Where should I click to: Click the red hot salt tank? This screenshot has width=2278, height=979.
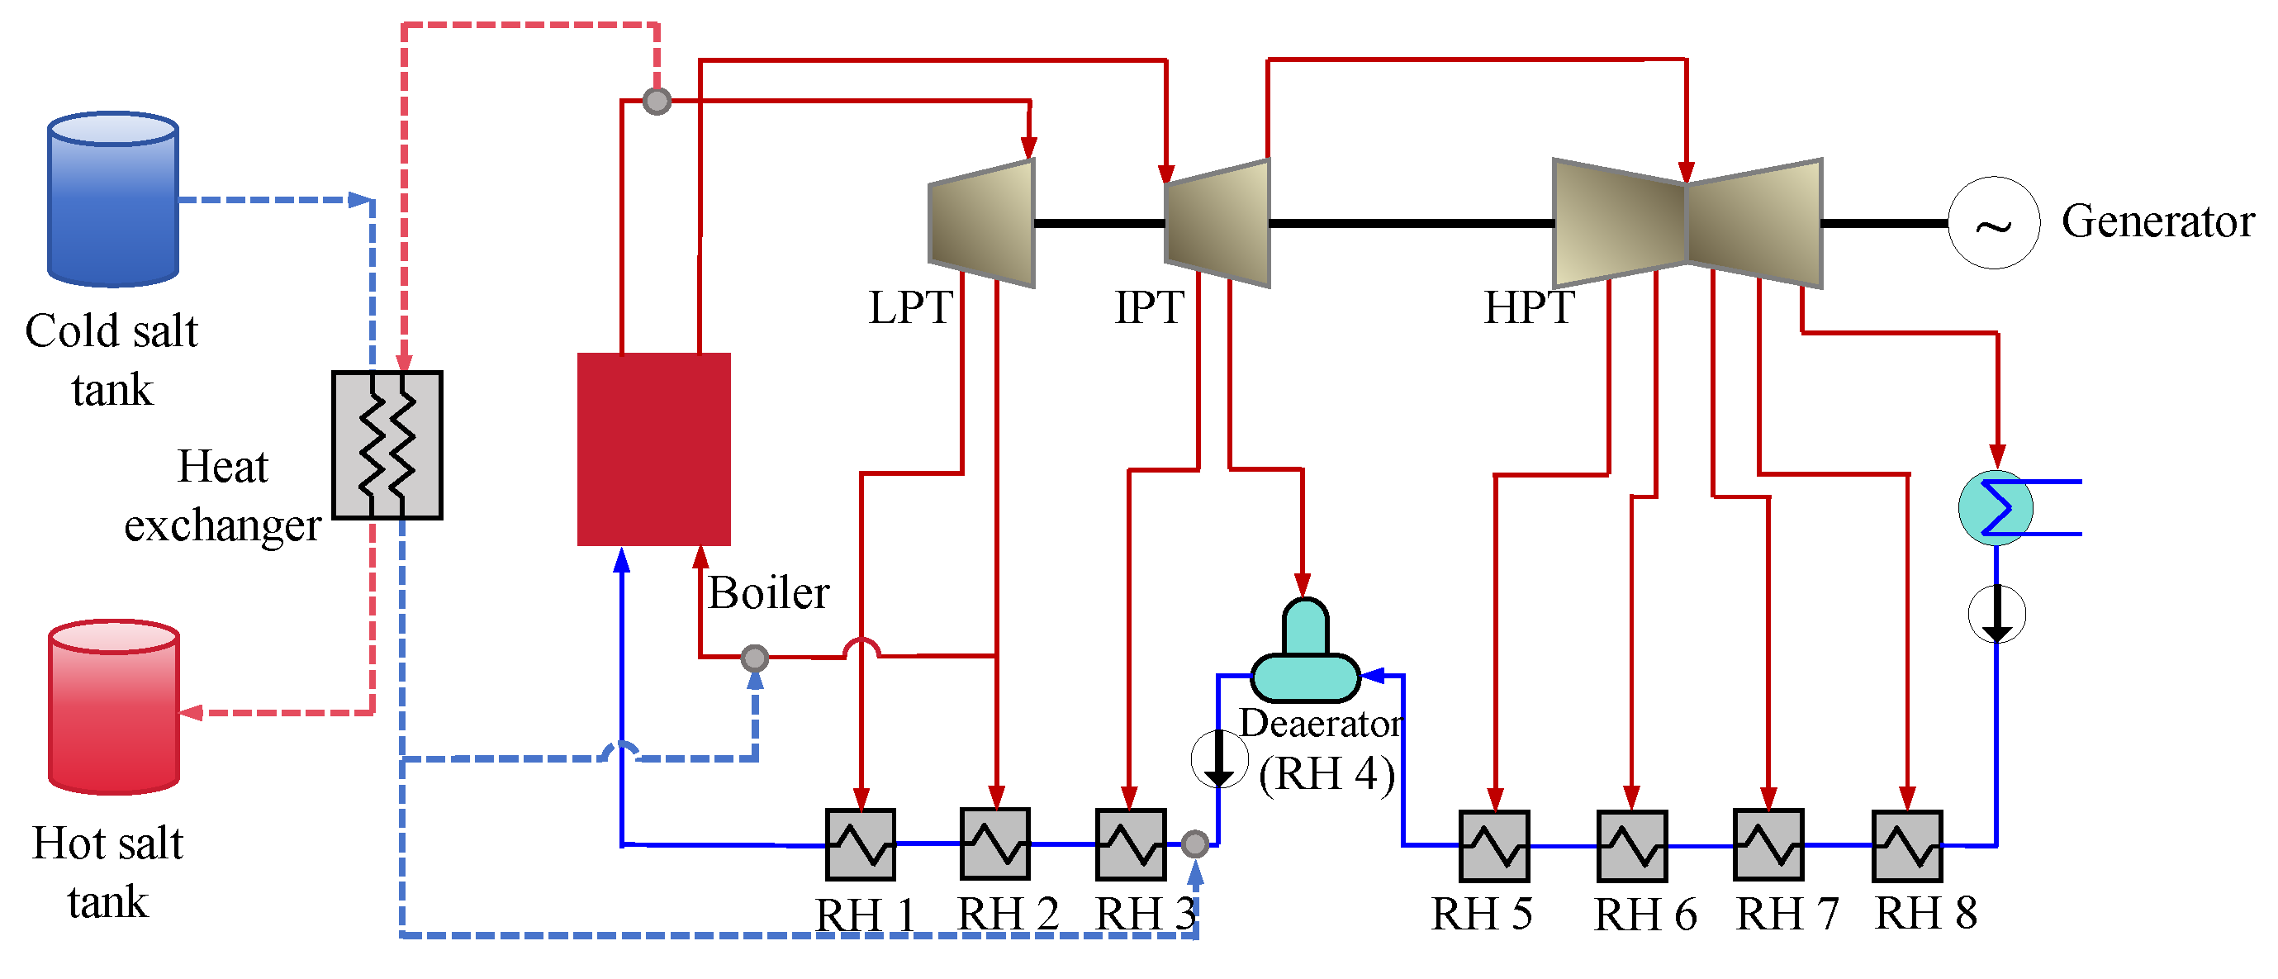(114, 707)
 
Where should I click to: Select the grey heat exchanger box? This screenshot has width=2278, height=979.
(387, 444)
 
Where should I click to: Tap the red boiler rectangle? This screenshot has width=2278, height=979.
(653, 449)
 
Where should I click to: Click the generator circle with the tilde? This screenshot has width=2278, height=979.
(1993, 223)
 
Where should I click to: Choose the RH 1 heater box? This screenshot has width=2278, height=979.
(861, 844)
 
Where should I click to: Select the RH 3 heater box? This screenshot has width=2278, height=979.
(1130, 844)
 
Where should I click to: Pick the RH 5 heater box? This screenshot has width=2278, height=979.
(1494, 846)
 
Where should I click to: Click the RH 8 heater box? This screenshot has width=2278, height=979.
(1907, 846)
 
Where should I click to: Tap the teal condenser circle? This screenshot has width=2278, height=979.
(1995, 507)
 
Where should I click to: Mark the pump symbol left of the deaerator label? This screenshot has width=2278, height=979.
(1219, 758)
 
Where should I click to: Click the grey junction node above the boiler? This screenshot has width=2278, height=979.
(656, 101)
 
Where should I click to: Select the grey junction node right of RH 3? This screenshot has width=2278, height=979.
(1194, 844)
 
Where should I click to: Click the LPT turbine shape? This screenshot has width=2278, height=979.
(981, 223)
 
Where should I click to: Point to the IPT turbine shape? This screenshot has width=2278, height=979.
(1217, 223)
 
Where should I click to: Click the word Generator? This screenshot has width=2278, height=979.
(2157, 221)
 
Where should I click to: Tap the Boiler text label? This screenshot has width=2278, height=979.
(768, 592)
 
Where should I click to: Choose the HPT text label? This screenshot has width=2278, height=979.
(1529, 308)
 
